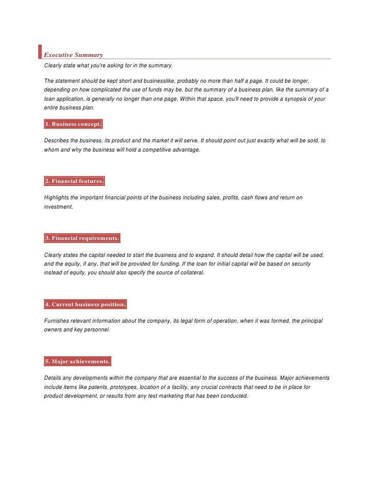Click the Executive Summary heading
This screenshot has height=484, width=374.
click(x=73, y=55)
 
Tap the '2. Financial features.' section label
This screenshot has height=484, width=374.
click(x=74, y=181)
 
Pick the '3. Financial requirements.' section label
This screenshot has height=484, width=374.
click(x=82, y=238)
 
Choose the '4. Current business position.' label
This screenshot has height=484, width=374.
click(x=85, y=305)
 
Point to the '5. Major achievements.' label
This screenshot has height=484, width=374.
click(x=78, y=362)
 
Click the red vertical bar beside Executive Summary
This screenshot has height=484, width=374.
click(x=40, y=52)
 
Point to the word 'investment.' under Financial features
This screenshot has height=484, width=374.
click(x=59, y=207)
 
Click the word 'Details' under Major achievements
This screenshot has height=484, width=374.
click(x=53, y=378)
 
